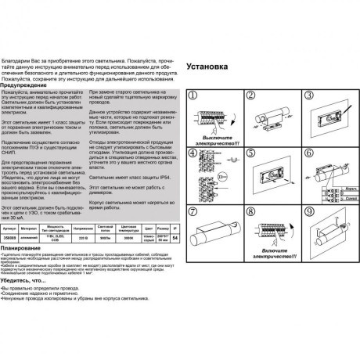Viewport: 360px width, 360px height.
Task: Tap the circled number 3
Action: [x=306, y=96]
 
